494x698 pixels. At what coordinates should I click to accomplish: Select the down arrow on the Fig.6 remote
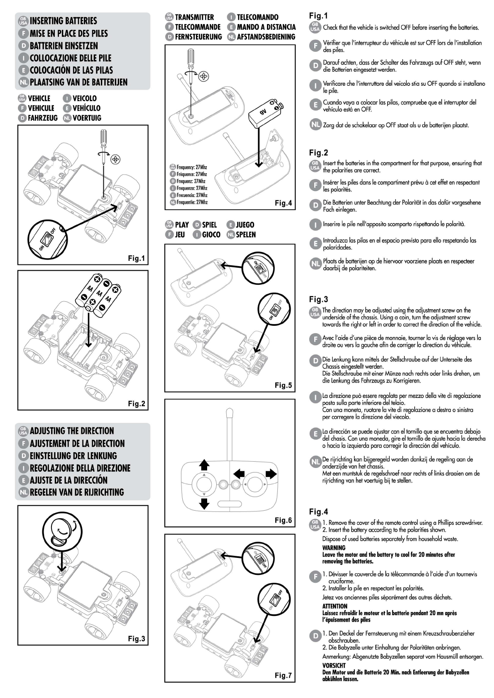204,504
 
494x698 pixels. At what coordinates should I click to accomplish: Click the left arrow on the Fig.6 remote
239,473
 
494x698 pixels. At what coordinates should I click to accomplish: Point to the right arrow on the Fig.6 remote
271,473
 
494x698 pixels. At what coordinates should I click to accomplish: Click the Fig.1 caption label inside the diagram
136,258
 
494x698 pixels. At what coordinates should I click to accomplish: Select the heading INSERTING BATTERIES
63,21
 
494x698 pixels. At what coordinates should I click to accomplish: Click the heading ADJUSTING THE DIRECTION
71,431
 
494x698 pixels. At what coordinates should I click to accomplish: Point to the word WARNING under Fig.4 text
334,548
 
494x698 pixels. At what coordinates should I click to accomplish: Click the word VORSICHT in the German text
334,665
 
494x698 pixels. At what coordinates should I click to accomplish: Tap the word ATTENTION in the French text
335,606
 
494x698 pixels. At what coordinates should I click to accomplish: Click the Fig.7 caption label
283,675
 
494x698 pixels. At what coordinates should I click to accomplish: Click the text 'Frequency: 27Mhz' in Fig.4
191,167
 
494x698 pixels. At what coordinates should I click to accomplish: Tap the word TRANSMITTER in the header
194,17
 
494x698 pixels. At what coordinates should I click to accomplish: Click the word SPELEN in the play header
246,235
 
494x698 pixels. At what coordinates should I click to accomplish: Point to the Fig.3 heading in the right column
318,299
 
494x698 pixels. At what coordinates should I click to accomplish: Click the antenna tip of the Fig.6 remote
229,412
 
